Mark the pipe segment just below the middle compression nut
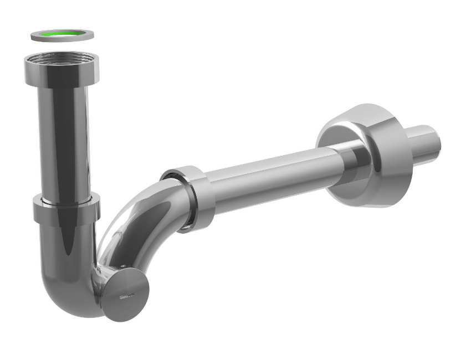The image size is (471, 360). (64, 244)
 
